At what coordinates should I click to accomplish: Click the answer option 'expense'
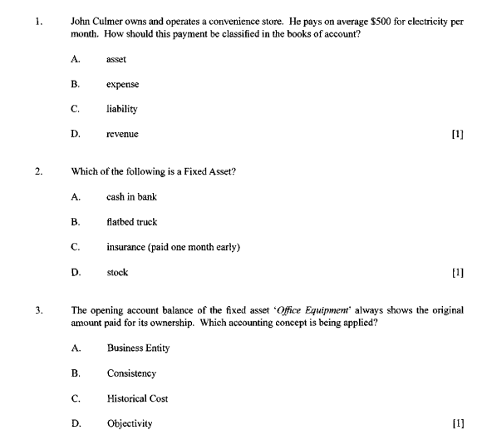coord(122,85)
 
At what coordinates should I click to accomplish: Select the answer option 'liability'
coord(121,109)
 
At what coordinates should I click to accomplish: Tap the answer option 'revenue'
coord(122,134)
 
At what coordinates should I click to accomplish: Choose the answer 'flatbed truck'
coord(131,222)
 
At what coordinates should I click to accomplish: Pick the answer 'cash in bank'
coord(131,197)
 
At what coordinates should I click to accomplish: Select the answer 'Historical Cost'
coord(137,398)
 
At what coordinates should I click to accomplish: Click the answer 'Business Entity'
coord(138,349)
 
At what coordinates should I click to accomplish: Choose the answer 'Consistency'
coord(131,373)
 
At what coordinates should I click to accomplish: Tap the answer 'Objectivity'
coord(130,423)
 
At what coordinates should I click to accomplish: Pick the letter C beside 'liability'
coord(75,109)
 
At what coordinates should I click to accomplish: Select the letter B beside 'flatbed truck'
coord(75,222)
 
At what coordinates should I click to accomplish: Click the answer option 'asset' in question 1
coord(116,60)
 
